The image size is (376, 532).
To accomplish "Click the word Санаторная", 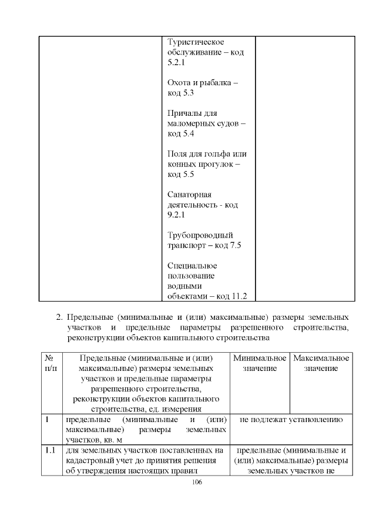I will [189, 195].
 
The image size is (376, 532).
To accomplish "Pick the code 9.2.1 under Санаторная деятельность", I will [176, 215].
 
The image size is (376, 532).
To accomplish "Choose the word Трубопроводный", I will [200, 235].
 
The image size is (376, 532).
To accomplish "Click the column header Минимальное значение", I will [259, 363].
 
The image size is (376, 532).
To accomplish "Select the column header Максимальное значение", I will [321, 363].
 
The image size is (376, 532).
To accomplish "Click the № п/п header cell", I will [50, 363].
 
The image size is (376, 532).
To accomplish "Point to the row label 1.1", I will [50, 450].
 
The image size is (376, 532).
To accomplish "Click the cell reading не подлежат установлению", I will [291, 420].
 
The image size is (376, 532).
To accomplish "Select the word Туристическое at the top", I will [196, 42].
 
